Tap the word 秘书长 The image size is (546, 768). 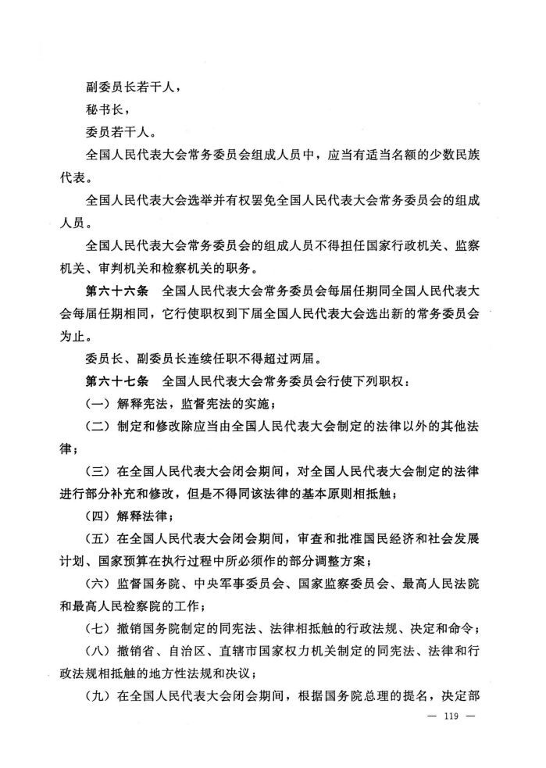pyautogui.click(x=101, y=110)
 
